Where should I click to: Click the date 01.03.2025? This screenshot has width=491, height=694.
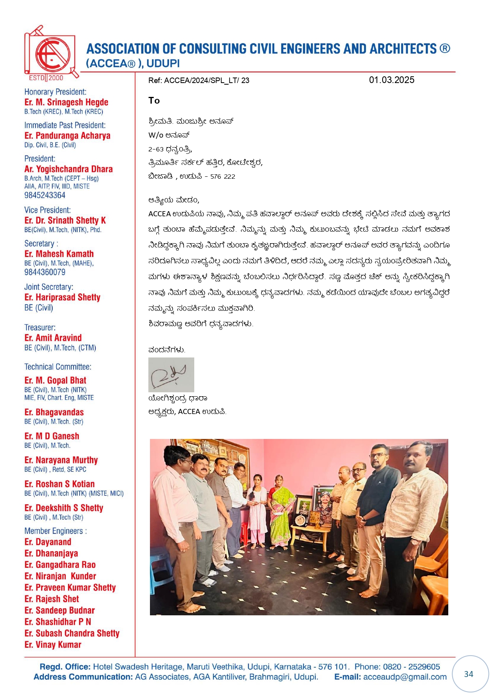click(x=391, y=80)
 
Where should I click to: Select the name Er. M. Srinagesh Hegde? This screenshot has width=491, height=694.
click(x=66, y=102)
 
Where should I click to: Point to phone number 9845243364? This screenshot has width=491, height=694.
click(x=45, y=195)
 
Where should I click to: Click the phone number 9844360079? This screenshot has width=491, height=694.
click(x=45, y=272)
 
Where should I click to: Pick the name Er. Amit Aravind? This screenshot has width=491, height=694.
click(x=53, y=338)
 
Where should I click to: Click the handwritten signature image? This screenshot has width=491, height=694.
click(x=171, y=374)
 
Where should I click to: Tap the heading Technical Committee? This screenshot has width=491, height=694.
click(x=58, y=367)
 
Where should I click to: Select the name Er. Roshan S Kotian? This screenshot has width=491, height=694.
click(x=59, y=484)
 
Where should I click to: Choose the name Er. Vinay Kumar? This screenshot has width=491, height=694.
click(x=53, y=645)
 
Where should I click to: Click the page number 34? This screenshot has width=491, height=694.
click(x=468, y=674)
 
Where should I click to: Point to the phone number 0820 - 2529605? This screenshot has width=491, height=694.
click(x=411, y=667)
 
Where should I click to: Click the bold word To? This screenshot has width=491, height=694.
click(x=154, y=100)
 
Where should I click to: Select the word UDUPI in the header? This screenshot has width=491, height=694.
click(x=163, y=64)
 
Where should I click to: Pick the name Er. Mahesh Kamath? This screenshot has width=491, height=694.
click(x=59, y=254)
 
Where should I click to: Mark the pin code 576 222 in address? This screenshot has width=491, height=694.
click(x=223, y=177)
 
